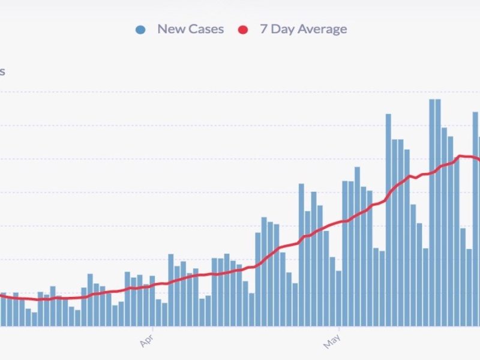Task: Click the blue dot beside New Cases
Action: (x=140, y=29)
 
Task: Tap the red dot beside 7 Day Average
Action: (x=243, y=29)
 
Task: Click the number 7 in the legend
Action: (x=263, y=29)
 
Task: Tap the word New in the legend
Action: (x=170, y=29)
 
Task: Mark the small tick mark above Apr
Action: (x=152, y=328)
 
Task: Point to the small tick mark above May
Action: (x=339, y=328)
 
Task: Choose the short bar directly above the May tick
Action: (x=339, y=298)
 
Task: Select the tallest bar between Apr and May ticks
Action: (x=301, y=255)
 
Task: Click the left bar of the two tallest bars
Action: (x=432, y=213)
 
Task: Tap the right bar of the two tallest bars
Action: (x=438, y=213)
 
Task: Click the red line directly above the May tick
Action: (x=339, y=223)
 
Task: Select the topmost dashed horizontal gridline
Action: (x=240, y=92)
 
